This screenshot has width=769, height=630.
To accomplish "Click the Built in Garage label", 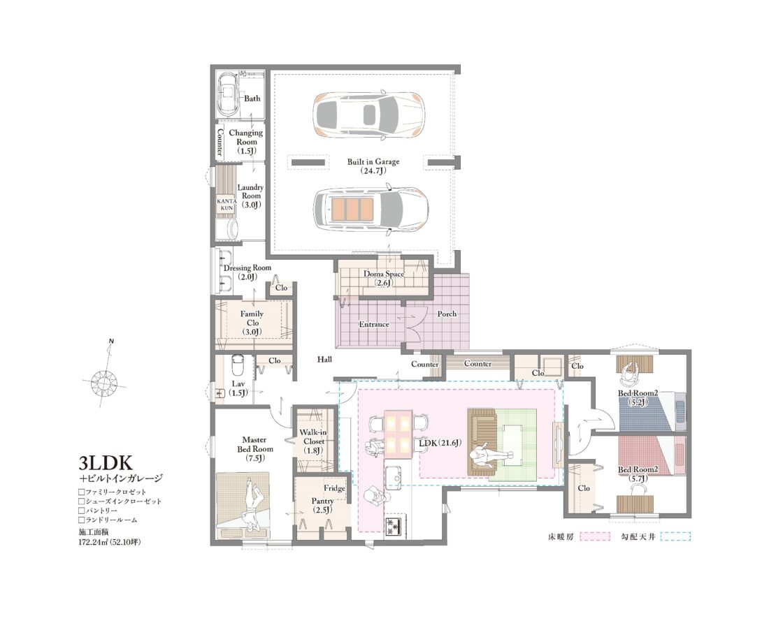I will point(373,166).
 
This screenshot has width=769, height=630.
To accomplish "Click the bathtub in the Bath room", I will point(228,96).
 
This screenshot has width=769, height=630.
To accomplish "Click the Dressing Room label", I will point(247,272).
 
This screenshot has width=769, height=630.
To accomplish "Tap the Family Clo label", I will point(252,323).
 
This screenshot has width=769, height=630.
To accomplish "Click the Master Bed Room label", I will point(254,448).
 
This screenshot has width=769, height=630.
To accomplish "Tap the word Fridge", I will point(333,488).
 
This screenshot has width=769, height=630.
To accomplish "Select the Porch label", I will point(447,314).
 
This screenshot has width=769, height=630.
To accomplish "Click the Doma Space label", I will point(384,278).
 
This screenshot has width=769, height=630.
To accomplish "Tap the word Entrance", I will point(373,324).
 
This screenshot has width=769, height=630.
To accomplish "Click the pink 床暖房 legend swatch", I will point(593,537).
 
